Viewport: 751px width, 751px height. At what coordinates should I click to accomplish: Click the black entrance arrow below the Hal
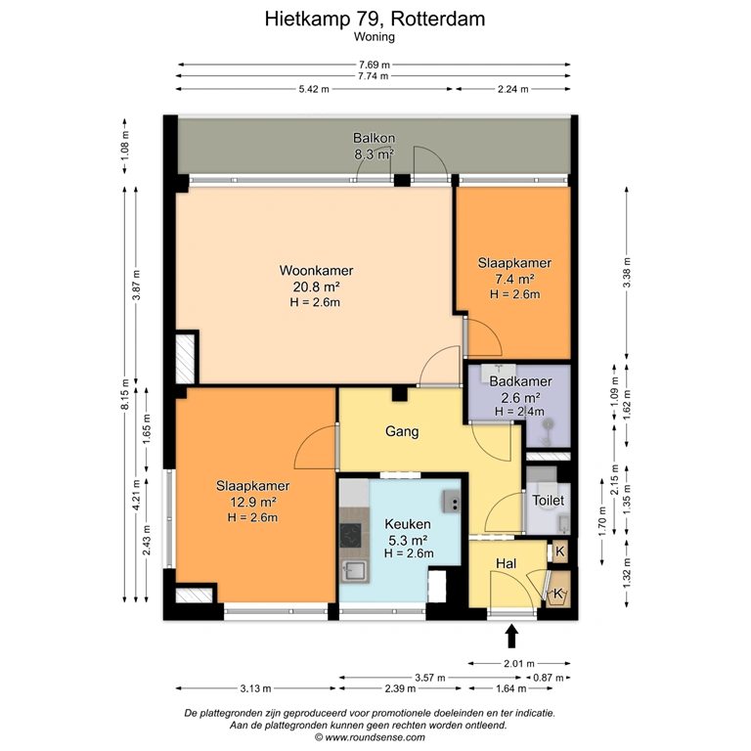point(512,636)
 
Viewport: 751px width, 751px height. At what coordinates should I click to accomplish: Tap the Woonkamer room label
point(316,271)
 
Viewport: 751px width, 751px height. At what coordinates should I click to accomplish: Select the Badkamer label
point(520,381)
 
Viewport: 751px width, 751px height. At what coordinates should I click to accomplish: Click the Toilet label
point(548,501)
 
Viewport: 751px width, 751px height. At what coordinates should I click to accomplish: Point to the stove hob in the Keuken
point(351,535)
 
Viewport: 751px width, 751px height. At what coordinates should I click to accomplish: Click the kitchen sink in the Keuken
point(353,571)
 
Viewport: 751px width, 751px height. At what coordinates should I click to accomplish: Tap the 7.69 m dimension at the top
point(375,65)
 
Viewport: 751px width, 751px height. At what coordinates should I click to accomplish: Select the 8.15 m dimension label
point(125,394)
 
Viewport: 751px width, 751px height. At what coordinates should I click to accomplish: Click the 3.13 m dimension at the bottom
point(256,688)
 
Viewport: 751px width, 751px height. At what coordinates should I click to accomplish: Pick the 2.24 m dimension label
point(513,89)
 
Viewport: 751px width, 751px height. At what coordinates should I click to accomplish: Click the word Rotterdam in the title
point(438,20)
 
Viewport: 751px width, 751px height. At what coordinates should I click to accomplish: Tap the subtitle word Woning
point(375,37)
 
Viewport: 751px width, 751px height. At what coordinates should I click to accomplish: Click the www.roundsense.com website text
point(375,737)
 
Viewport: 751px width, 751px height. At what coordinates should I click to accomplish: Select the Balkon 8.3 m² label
point(375,146)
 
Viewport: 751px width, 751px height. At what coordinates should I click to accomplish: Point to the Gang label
point(402,431)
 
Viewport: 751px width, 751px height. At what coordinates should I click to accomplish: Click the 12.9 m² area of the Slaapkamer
point(253,502)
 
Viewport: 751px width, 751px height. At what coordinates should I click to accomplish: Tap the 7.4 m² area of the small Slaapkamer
point(514,279)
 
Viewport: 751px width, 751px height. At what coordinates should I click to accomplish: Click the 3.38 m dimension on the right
point(627,273)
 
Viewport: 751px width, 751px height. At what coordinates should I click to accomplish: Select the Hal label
point(506,563)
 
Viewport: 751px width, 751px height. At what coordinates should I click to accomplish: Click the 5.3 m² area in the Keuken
point(408,541)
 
